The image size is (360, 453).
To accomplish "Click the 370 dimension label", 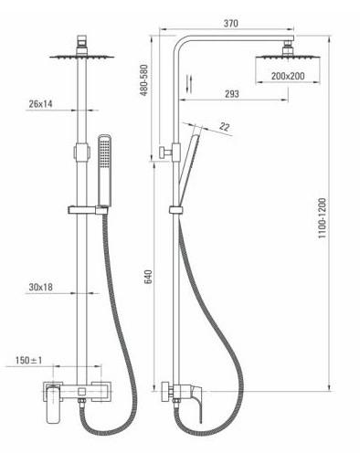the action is click(231, 23).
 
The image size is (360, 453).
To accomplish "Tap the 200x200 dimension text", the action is click(288, 76).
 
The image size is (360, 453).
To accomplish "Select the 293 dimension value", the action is click(232, 94).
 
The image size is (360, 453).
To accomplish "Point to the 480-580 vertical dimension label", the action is click(143, 79).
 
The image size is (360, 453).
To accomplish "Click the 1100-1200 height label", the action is click(322, 218).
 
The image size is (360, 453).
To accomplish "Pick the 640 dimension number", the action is click(148, 277).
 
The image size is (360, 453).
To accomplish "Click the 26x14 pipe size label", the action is click(40, 104).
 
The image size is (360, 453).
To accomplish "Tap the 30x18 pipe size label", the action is click(40, 287).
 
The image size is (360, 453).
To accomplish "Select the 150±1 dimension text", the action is click(29, 361).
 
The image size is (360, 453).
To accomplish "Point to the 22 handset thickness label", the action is click(225, 127).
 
